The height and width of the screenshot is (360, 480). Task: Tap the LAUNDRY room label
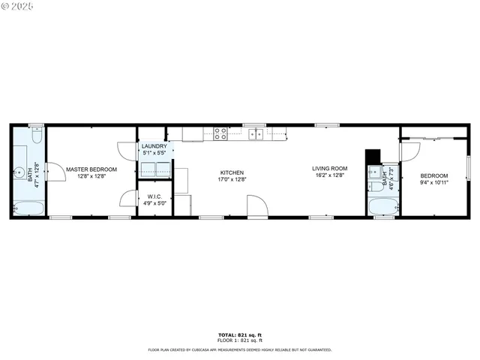point(154,146)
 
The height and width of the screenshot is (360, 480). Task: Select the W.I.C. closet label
point(155,196)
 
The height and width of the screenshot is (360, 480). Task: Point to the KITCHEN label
point(232,172)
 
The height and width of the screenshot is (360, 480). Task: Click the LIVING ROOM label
point(329,168)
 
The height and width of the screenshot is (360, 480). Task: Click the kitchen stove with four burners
point(220,134)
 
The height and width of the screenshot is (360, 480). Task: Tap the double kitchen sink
point(256,134)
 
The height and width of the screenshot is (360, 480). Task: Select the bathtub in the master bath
point(28,207)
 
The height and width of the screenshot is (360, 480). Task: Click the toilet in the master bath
point(36,137)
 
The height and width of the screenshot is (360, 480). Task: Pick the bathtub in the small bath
point(382,206)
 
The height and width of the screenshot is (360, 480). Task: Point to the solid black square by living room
point(372,157)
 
